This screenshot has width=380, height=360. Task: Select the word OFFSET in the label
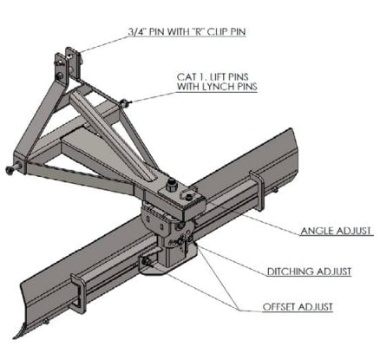pos(278,306)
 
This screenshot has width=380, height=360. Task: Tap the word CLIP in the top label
pos(219,33)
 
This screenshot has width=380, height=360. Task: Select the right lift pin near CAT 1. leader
pos(127,104)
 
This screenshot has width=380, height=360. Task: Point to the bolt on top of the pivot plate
pos(172,183)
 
